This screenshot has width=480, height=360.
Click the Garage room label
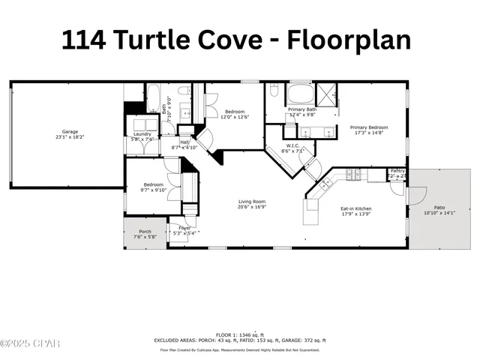click(x=70, y=130)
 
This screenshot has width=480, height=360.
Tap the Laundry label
click(x=142, y=133)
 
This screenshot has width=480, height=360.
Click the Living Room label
click(x=252, y=202)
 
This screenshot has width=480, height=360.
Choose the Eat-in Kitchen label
click(x=356, y=208)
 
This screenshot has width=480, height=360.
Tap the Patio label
click(x=439, y=208)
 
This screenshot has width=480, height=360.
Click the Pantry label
click(x=397, y=171)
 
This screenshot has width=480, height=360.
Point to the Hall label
click(x=184, y=142)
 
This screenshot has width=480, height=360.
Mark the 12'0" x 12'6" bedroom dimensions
click(x=235, y=117)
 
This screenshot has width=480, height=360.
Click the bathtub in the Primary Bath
click(x=300, y=96)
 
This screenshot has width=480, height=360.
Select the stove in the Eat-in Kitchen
click(x=353, y=175)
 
